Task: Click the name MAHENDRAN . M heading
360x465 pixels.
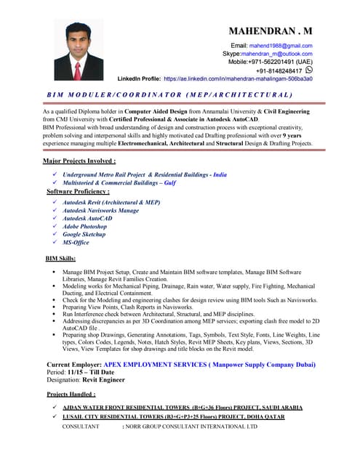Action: tap(271, 31)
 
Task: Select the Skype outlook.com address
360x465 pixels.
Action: tap(276, 54)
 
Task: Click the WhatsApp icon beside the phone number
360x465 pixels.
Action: tap(308, 70)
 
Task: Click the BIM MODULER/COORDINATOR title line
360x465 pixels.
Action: tap(169, 95)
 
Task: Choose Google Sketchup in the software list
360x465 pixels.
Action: tap(84, 235)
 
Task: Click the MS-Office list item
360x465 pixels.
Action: tap(76, 243)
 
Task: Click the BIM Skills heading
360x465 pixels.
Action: tap(60, 259)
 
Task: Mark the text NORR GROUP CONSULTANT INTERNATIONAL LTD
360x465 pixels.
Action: tap(192, 426)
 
